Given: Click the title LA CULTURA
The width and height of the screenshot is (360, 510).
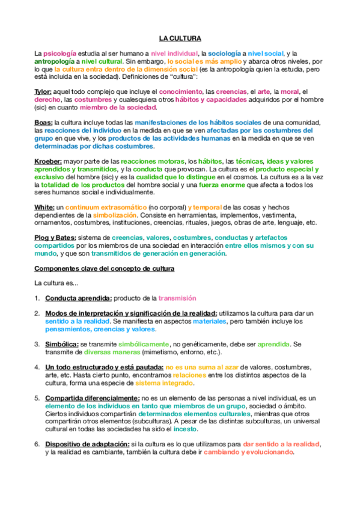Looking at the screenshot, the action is pyautogui.click(x=180, y=37).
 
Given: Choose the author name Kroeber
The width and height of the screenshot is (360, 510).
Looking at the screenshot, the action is pyautogui.click(x=49, y=162).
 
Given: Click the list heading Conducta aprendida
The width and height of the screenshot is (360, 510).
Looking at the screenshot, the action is pyautogui.click(x=78, y=298).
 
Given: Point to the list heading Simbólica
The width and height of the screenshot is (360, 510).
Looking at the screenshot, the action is pyautogui.click(x=62, y=344).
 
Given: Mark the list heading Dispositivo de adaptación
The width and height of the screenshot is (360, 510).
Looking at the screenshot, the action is pyautogui.click(x=87, y=444).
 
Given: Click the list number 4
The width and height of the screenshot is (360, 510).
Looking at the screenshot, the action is pyautogui.click(x=37, y=367).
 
